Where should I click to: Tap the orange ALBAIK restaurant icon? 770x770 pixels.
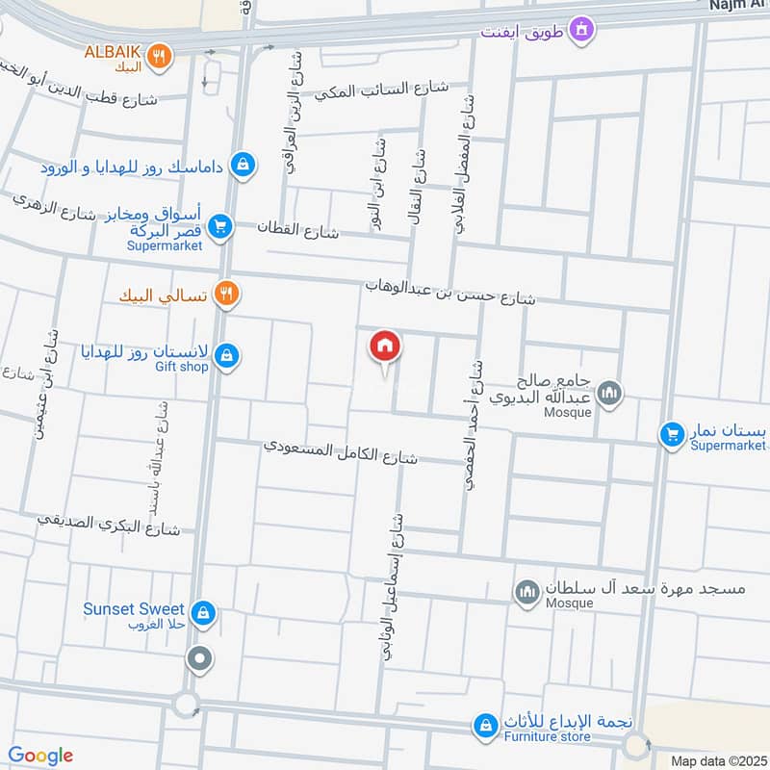coord(162,57)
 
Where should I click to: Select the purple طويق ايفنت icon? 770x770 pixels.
coord(580,32)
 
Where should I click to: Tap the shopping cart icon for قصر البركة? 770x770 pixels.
coord(221,227)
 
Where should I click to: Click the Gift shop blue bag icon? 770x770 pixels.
coord(225,356)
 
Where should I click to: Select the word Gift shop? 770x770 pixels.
coord(181,367)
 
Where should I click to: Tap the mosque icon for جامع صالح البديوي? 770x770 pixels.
coord(608,393)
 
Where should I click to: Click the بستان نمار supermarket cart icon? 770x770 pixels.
coord(671,434)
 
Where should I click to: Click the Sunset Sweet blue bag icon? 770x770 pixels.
coord(202,611)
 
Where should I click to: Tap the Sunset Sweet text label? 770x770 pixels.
coord(133,608)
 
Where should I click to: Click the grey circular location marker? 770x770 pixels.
coord(200,659)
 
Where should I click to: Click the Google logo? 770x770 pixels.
coord(40,756)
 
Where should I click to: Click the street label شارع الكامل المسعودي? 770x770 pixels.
coord(342,452)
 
